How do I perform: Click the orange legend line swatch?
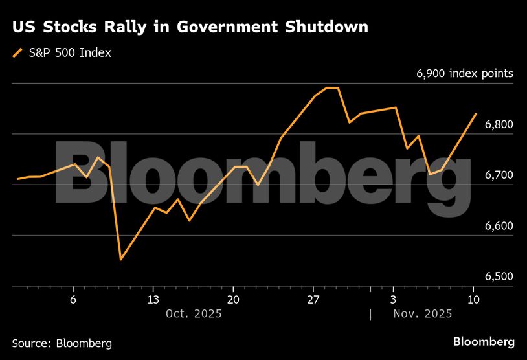17,53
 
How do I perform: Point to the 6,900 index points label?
464,74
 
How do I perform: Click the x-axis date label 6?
73,299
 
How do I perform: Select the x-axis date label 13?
153,299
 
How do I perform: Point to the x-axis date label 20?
233,299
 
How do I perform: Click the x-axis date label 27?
313,299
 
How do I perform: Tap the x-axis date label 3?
394,299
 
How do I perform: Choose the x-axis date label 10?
473,299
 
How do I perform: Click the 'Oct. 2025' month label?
194,313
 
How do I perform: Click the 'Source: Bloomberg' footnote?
62,343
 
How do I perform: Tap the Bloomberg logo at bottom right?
484,341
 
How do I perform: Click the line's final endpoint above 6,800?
476,114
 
